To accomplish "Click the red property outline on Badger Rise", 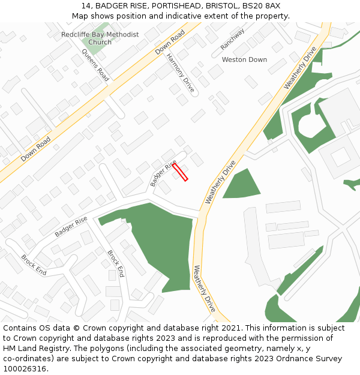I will click(x=181, y=172).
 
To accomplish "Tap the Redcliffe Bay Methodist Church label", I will click(x=100, y=38).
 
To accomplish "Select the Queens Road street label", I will click(x=95, y=65).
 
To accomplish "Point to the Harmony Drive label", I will click(x=181, y=73).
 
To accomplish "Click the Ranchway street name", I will click(x=232, y=39).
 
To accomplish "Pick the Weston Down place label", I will click(x=244, y=59).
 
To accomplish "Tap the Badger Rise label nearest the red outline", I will click(x=163, y=173).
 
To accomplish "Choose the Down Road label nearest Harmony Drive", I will click(x=170, y=43).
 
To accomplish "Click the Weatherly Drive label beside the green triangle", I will click(x=220, y=182).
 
